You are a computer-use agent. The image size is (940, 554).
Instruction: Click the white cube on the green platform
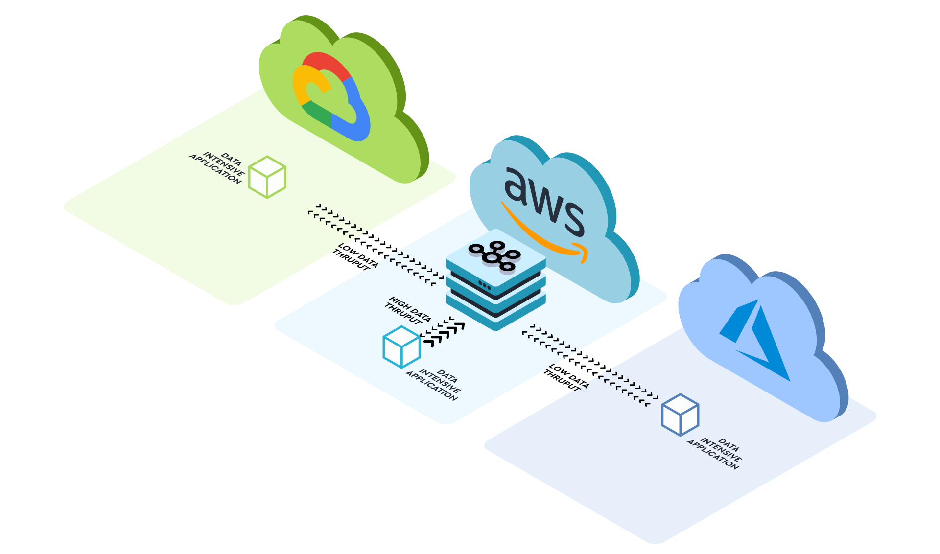pyautogui.click(x=267, y=177)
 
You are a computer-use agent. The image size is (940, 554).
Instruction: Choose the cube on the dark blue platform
pyautogui.click(x=680, y=415)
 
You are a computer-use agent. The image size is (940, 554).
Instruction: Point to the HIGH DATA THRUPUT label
pyautogui.click(x=407, y=310)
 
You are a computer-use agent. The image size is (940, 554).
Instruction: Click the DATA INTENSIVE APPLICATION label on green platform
pyautogui.click(x=218, y=168)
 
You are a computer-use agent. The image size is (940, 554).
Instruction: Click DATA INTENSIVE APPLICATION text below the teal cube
pyautogui.click(x=434, y=385)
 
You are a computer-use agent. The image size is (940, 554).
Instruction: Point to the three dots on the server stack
pyautogui.click(x=484, y=285)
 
